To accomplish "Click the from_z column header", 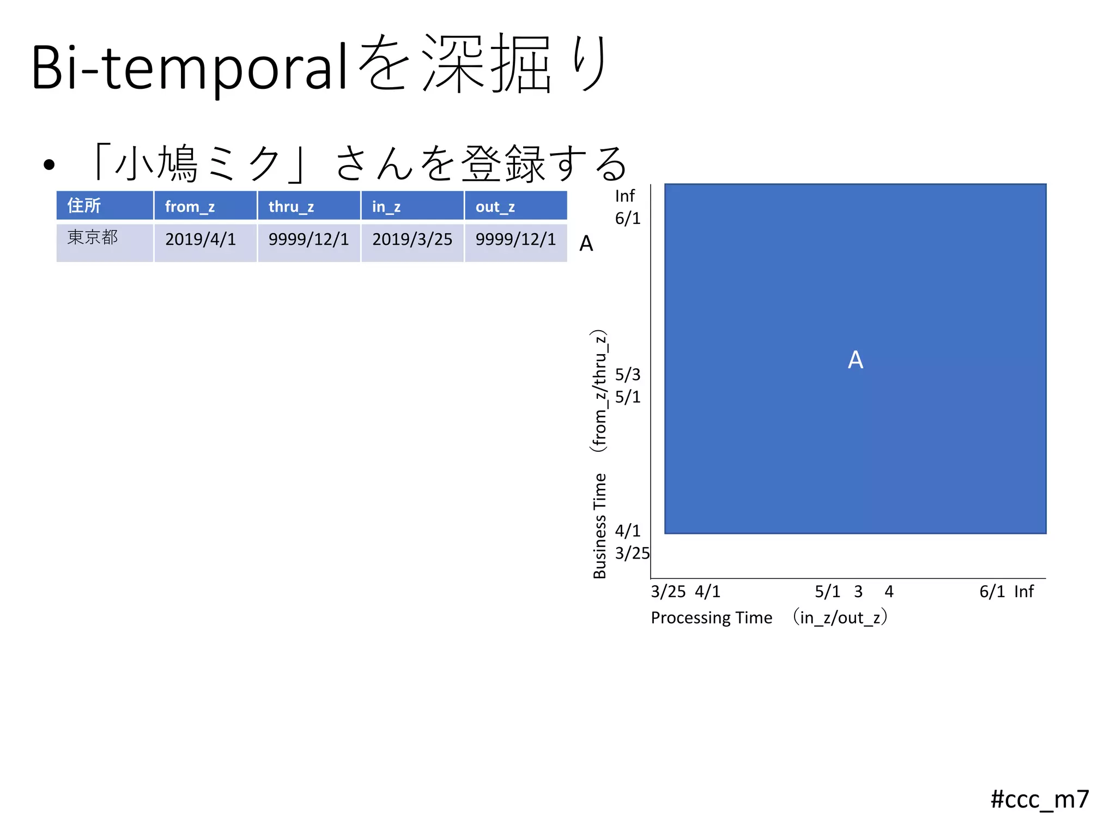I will [x=205, y=206].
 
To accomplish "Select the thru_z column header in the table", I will [x=308, y=206].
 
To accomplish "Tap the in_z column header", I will [x=412, y=206].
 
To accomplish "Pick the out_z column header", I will [x=515, y=206].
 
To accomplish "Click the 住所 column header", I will [x=105, y=206].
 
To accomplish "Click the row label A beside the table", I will [x=586, y=244].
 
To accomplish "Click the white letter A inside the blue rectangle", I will [x=855, y=360].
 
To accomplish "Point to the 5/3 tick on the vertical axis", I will [x=628, y=374].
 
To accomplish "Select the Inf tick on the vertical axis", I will [x=624, y=196].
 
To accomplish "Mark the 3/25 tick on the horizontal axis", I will [x=668, y=591].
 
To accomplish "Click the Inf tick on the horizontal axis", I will [x=1023, y=591].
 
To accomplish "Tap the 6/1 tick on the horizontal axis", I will [x=992, y=591].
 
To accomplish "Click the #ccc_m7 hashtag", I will [x=1039, y=799].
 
